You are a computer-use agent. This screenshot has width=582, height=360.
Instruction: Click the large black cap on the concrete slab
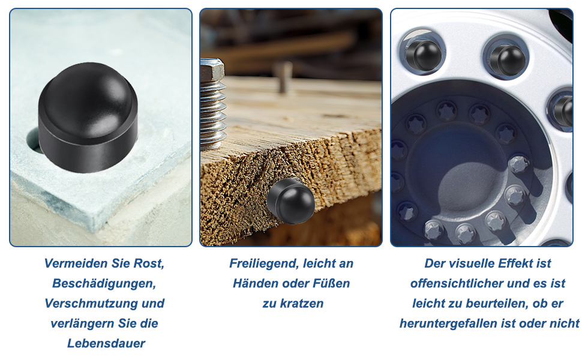pyautogui.click(x=88, y=118)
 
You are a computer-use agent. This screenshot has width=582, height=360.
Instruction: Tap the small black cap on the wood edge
pyautogui.click(x=290, y=201)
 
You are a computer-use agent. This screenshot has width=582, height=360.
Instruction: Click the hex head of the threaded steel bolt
pyautogui.click(x=212, y=71)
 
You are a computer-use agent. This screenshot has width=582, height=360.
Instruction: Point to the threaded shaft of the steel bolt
pyautogui.click(x=213, y=115)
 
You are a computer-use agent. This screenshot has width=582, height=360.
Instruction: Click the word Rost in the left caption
pyautogui.click(x=149, y=263)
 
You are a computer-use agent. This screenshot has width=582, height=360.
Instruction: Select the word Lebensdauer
pyautogui.click(x=106, y=343)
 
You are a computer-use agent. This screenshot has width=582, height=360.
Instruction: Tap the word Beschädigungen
pyautogui.click(x=104, y=284)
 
